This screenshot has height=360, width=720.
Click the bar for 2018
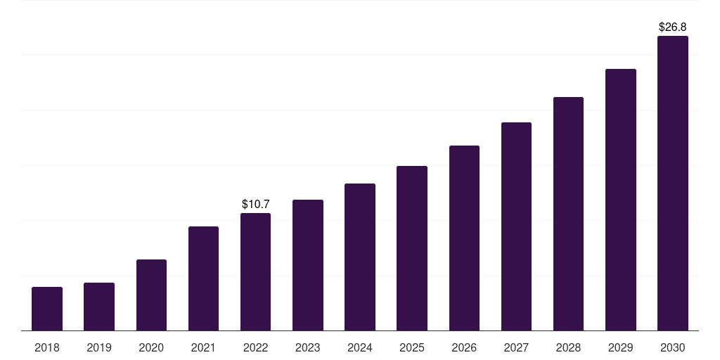tap(47, 309)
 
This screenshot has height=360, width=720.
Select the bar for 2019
tap(99, 307)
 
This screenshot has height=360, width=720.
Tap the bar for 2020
tap(152, 295)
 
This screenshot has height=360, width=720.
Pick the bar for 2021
tap(203, 278)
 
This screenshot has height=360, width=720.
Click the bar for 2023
tap(308, 265)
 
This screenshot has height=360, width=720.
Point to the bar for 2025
tap(412, 248)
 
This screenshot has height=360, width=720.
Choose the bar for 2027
tap(516, 226)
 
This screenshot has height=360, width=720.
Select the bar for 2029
tap(621, 200)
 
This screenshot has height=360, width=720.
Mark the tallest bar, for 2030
tap(673, 184)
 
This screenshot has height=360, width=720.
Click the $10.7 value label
tap(256, 204)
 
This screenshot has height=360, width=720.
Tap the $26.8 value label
tap(673, 27)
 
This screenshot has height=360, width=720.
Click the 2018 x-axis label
tap(47, 347)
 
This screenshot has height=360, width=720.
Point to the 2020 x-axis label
tap(151, 347)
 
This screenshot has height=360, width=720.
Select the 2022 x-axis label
tap(255, 347)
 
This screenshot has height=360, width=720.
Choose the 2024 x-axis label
tap(359, 347)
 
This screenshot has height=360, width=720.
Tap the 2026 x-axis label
tap(464, 347)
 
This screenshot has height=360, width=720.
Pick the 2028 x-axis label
tap(568, 347)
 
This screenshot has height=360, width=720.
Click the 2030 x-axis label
tap(673, 347)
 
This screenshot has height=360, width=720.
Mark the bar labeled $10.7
tap(255, 272)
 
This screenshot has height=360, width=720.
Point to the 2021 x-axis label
tap(203, 347)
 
